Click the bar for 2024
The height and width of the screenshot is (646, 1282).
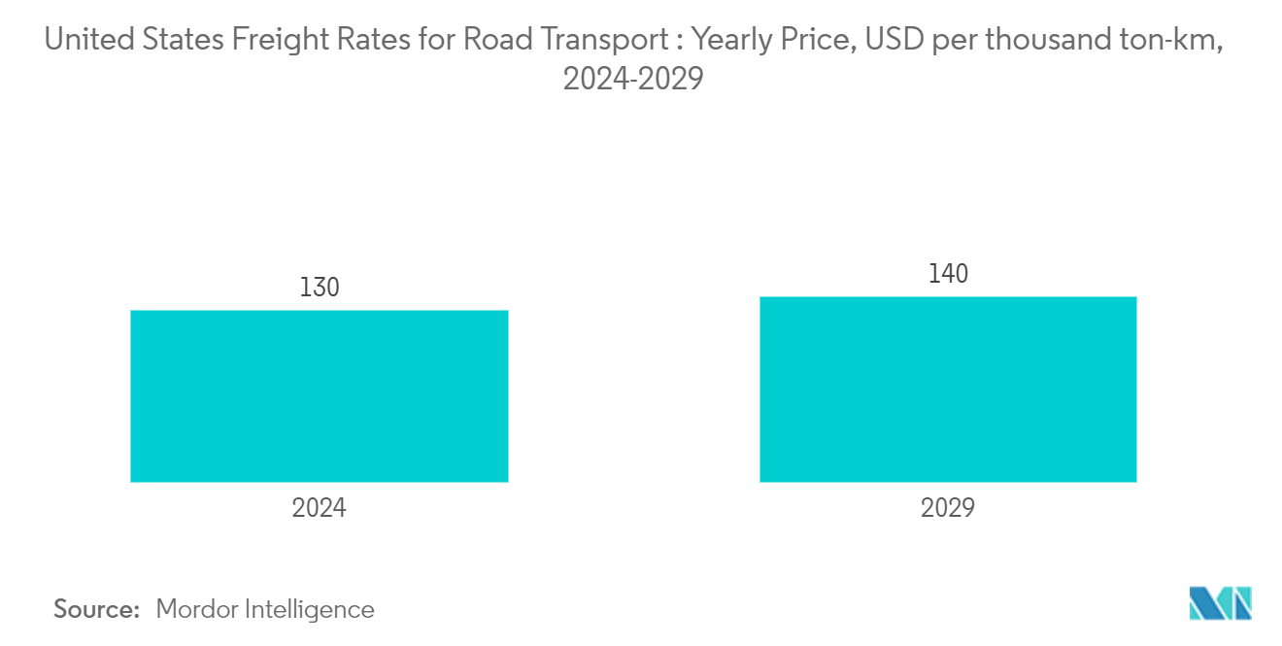319,396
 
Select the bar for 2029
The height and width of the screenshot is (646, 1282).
948,389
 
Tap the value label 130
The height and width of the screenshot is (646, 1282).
320,289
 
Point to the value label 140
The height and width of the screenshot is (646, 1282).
948,275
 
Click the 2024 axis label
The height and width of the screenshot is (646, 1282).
320,508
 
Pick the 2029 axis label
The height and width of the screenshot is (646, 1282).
948,508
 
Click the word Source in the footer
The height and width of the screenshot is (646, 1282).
97,609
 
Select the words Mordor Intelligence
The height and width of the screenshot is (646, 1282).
264,609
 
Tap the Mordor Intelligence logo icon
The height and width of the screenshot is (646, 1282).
1220,603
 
